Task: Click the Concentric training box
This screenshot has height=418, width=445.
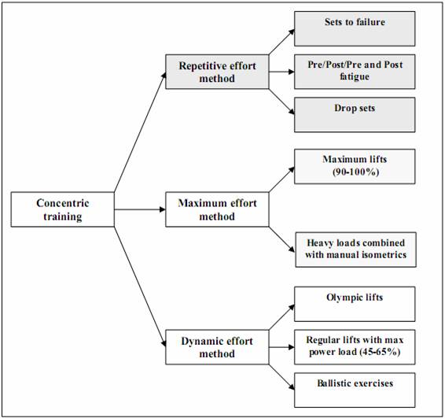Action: [62, 209]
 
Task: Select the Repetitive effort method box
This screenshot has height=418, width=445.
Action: [217, 72]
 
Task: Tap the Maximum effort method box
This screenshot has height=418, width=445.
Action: [217, 209]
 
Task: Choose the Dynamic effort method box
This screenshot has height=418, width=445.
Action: [217, 347]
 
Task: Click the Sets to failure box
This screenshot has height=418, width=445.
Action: [355, 28]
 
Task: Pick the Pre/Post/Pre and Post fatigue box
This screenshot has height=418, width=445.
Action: [355, 72]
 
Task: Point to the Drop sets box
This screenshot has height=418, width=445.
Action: [355, 115]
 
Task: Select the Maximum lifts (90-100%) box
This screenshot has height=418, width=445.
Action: [355, 167]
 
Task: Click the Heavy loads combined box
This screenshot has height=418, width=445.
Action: [356, 250]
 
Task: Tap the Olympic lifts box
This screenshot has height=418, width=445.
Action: [355, 304]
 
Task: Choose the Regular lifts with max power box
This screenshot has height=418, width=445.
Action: [355, 347]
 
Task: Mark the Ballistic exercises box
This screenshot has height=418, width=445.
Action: [355, 390]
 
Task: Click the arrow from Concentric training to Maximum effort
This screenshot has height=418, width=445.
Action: [140, 209]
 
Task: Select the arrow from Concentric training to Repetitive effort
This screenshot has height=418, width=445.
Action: [140, 131]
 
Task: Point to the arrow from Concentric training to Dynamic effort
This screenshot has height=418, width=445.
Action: [140, 287]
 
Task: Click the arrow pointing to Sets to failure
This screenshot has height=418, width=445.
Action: [281, 42]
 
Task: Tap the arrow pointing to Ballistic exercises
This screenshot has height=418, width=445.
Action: [281, 377]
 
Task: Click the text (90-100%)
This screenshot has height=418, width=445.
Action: [355, 172]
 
